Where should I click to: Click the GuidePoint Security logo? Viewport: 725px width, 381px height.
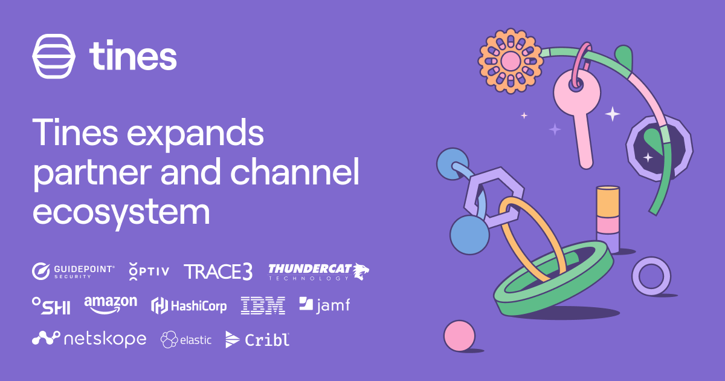(x=73, y=272)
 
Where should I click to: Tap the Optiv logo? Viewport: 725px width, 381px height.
(x=149, y=272)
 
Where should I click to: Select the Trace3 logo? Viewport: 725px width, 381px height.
(x=218, y=272)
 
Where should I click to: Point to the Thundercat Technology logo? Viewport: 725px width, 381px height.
(x=318, y=272)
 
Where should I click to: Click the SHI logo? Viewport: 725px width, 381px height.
(x=51, y=306)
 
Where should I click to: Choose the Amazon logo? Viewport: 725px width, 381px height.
(x=111, y=305)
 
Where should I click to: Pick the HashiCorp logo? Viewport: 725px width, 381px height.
(x=188, y=306)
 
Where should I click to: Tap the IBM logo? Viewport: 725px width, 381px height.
(x=263, y=305)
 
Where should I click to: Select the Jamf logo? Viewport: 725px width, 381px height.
(x=324, y=305)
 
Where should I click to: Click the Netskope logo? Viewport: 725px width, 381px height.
(x=89, y=339)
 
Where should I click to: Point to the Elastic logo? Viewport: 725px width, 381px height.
(x=186, y=339)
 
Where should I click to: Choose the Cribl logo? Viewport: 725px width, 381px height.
(x=257, y=339)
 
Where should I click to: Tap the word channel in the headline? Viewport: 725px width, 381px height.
(x=295, y=172)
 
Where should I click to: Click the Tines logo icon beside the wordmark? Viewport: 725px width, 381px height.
(x=54, y=56)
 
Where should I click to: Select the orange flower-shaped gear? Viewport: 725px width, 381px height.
(x=511, y=61)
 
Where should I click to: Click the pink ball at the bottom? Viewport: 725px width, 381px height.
(x=459, y=336)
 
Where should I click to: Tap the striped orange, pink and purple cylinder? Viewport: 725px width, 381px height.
(x=608, y=219)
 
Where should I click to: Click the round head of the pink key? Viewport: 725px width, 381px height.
(x=577, y=92)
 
